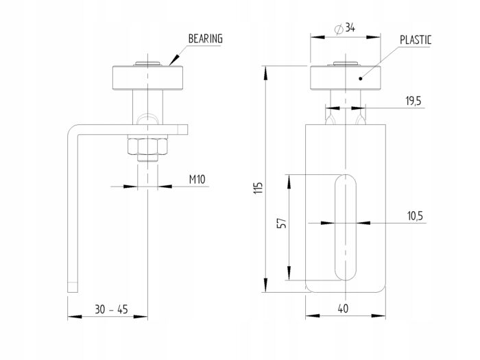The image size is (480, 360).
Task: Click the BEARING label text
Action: point(206,38)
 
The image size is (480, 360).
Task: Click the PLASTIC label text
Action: point(416,40)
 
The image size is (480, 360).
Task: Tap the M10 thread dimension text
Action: point(197,179)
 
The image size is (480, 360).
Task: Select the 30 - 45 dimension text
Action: point(111,309)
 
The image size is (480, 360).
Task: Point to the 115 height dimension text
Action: point(259,189)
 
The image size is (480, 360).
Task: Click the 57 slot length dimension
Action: point(282,223)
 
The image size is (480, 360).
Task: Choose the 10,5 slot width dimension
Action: point(415,216)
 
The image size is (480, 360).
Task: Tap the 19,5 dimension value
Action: point(413,100)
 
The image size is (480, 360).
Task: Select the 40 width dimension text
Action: point(343,309)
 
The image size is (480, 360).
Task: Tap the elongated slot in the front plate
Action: point(346,227)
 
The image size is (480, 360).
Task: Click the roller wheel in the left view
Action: point(147,77)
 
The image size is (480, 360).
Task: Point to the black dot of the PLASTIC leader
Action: point(361,79)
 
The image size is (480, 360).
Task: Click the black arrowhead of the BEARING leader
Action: point(173,60)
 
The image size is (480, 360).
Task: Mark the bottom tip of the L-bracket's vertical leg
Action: point(73,292)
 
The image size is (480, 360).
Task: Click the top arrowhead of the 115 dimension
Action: point(265,73)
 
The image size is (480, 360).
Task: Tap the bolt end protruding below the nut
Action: point(147,158)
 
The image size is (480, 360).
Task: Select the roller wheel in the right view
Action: point(346,77)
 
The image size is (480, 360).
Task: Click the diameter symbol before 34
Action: point(339,29)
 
